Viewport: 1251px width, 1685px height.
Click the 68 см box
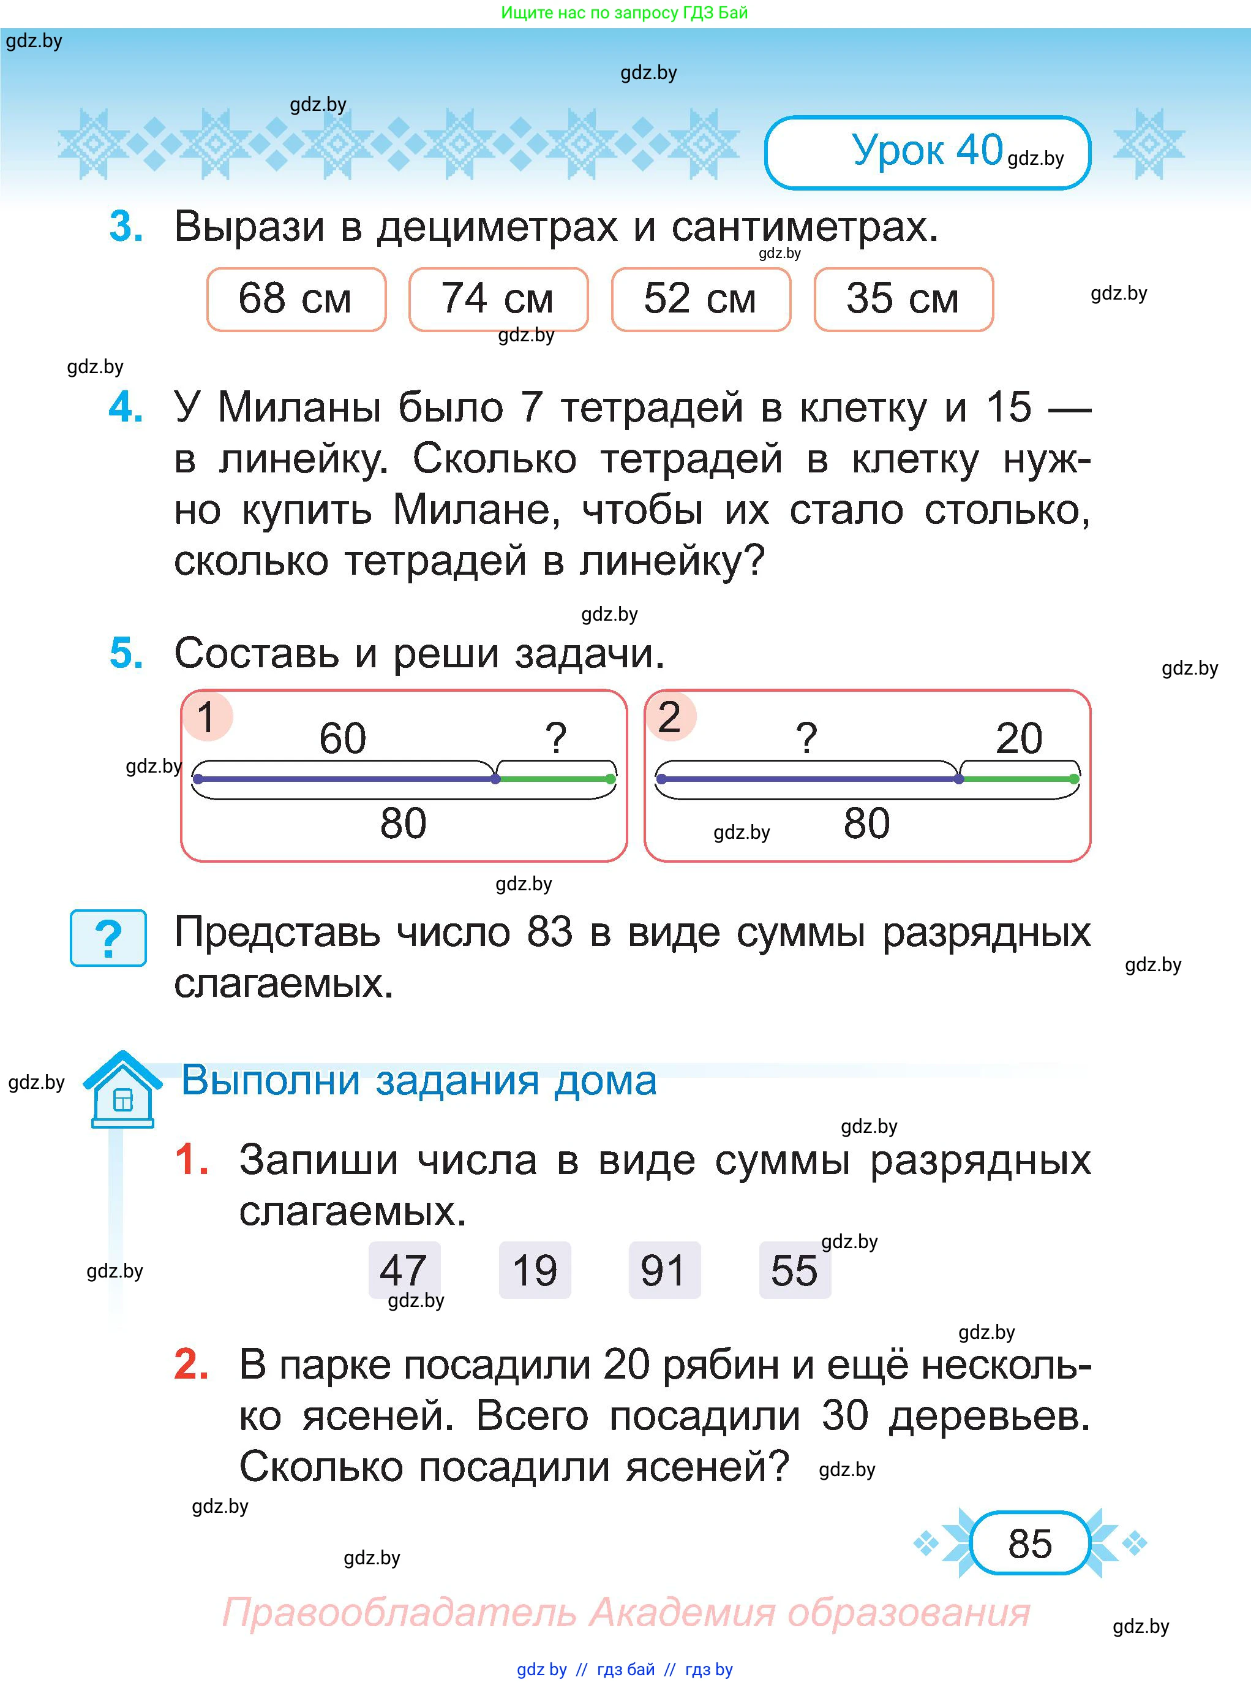(296, 299)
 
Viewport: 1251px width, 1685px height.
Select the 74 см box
(498, 299)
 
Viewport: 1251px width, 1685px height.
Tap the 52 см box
(701, 299)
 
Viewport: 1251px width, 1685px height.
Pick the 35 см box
(903, 299)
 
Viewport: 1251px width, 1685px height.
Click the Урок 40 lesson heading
(927, 151)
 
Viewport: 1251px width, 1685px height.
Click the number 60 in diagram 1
(343, 738)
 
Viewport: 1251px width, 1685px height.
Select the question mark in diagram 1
(556, 738)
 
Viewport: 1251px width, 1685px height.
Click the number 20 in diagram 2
(1018, 738)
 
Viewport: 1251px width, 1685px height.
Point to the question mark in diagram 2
(807, 738)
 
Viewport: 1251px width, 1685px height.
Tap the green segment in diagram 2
(1016, 779)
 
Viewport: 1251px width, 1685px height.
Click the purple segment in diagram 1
(346, 779)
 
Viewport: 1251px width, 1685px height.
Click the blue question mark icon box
(108, 938)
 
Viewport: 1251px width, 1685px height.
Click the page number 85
(1030, 1543)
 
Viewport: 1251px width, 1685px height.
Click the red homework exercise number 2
(192, 1365)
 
